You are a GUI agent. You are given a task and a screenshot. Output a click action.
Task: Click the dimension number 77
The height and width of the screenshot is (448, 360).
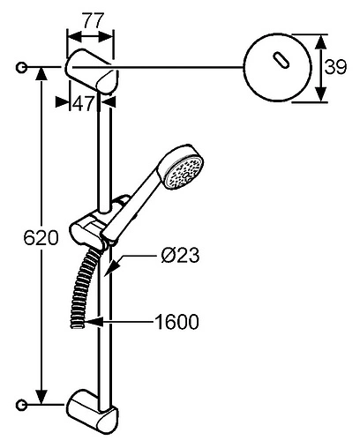[x=93, y=20]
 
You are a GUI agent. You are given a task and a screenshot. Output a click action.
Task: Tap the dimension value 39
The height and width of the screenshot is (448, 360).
[x=335, y=68]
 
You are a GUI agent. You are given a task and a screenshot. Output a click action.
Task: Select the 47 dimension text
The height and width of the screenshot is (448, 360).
[x=83, y=103]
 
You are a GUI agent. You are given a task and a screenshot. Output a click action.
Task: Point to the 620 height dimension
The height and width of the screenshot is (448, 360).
[x=41, y=237]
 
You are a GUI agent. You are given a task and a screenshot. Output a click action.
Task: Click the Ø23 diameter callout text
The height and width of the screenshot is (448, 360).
[x=180, y=255]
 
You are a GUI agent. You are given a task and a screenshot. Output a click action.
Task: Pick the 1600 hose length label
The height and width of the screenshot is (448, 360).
[x=176, y=322]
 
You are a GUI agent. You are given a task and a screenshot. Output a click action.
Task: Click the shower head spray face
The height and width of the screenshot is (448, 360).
[x=184, y=173]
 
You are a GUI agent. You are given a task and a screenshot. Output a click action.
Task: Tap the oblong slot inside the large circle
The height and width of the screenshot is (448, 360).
[x=281, y=61]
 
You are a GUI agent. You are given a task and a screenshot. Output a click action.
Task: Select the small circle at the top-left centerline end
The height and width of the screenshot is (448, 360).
[x=21, y=68]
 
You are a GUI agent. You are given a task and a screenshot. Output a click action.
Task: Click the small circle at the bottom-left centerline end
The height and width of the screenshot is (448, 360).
[x=21, y=405]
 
